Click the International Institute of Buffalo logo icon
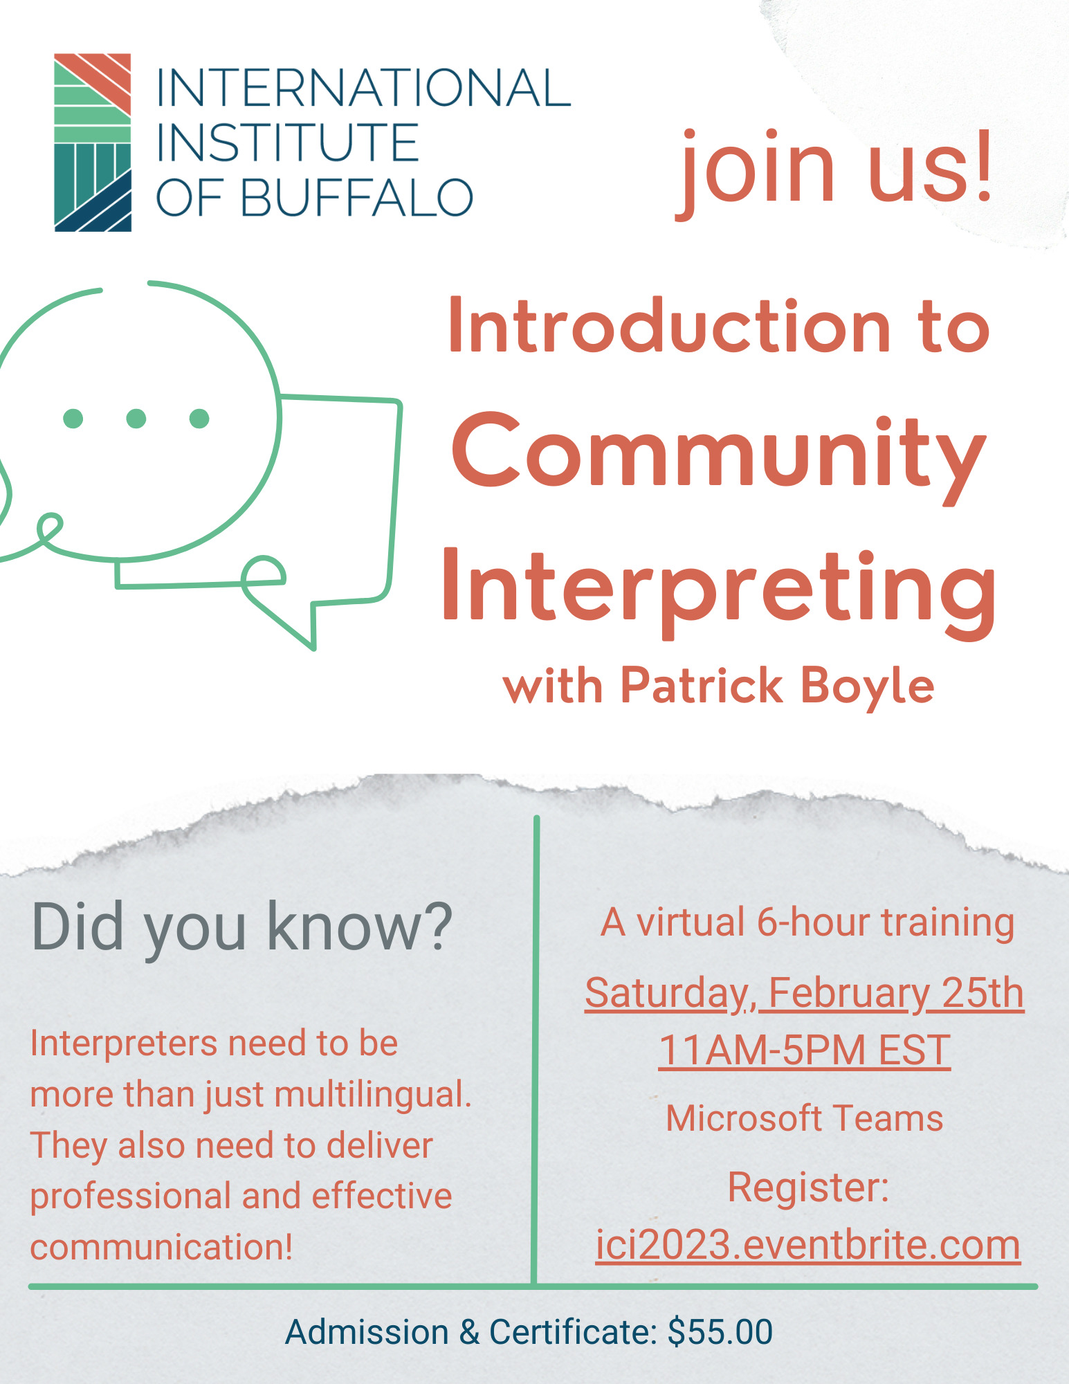(x=93, y=142)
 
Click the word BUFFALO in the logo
(x=356, y=198)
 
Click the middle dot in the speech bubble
(x=136, y=418)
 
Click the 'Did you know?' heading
(x=241, y=927)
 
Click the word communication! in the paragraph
(x=162, y=1247)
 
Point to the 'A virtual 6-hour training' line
(x=807, y=922)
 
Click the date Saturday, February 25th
(x=804, y=993)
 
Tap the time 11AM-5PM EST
(x=804, y=1050)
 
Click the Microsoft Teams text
(x=804, y=1118)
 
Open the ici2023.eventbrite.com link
(x=807, y=1245)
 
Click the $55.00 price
(x=720, y=1332)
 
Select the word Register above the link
(x=803, y=1187)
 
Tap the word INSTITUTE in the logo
(x=287, y=143)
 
